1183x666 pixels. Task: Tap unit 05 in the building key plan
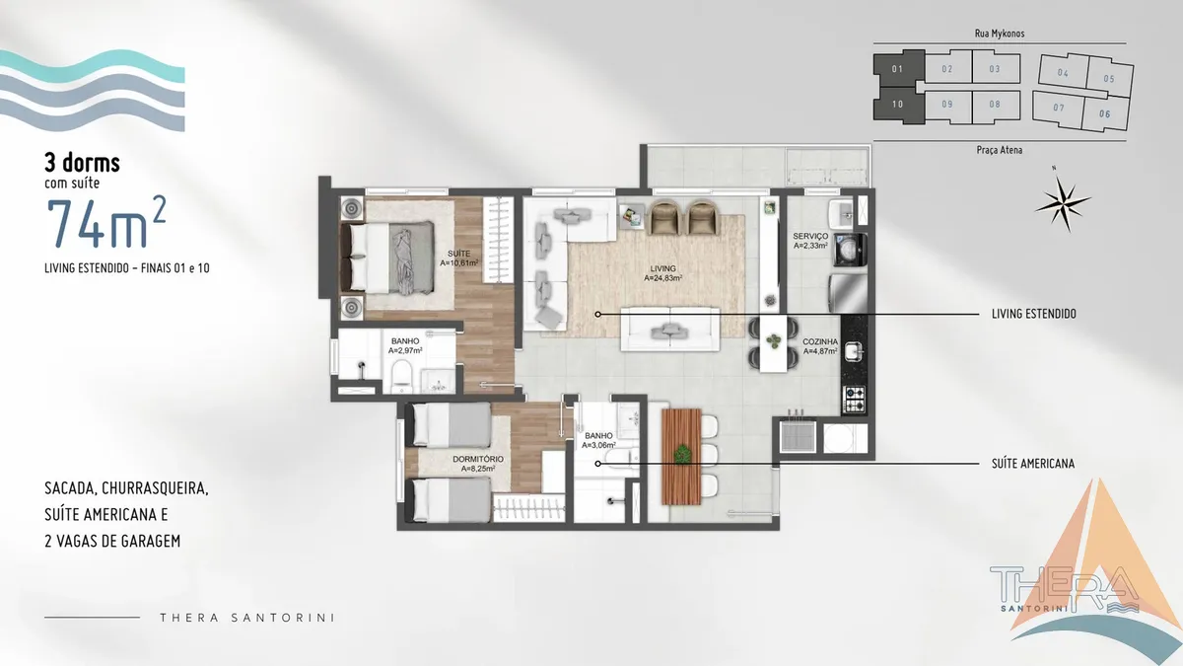click(x=1110, y=79)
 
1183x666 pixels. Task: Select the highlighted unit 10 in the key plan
click(x=898, y=105)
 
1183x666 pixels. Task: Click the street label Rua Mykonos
click(x=1000, y=34)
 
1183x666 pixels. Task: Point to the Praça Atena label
click(x=1000, y=150)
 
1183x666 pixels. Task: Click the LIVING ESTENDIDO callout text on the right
click(x=1033, y=314)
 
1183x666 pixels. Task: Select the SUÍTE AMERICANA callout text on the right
click(x=1033, y=464)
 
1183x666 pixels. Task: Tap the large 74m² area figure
click(x=106, y=223)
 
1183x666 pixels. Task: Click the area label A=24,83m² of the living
click(x=662, y=278)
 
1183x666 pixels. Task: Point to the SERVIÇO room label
click(x=810, y=236)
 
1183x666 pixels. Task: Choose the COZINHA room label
click(x=820, y=342)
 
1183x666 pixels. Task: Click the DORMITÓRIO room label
click(x=478, y=460)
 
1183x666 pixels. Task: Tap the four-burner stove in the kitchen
click(x=855, y=400)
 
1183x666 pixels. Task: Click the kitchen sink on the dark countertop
click(x=854, y=350)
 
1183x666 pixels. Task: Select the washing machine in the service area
click(x=850, y=250)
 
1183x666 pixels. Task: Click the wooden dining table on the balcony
click(x=681, y=457)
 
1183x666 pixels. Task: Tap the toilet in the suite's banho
click(x=401, y=376)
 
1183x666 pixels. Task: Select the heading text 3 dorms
click(x=83, y=163)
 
